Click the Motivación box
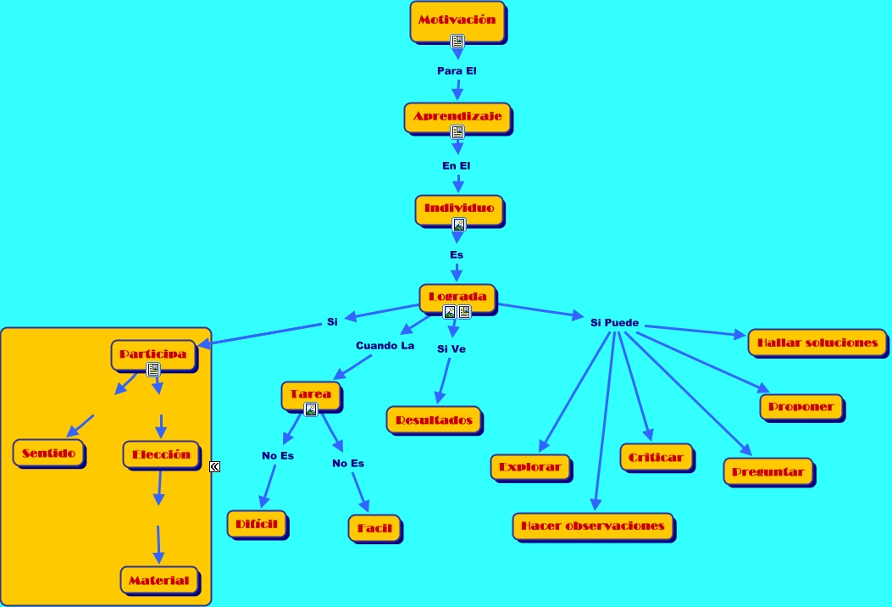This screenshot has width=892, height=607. [x=457, y=20]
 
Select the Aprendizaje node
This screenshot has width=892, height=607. [x=457, y=117]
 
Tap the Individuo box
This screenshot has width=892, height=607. [x=459, y=209]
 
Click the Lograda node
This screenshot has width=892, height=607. [x=457, y=297]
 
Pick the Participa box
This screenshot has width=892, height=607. [x=153, y=354]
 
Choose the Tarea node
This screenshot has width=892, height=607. [x=311, y=395]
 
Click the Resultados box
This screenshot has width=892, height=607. [x=434, y=420]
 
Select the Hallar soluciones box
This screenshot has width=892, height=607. [x=817, y=343]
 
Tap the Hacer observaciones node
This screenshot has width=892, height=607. [x=593, y=526]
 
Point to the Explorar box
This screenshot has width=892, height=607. [x=530, y=467]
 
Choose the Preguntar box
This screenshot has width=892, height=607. [x=767, y=471]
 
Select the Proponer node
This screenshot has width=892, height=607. [x=801, y=407]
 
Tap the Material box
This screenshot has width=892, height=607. [x=159, y=581]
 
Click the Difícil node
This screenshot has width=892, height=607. [x=258, y=524]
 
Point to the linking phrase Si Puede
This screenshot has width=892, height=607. [x=614, y=323]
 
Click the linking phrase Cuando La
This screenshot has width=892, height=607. [x=385, y=346]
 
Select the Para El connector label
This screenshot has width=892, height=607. [x=457, y=70]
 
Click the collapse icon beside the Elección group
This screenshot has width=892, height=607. [x=215, y=466]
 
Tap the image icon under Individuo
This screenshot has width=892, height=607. [x=459, y=225]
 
